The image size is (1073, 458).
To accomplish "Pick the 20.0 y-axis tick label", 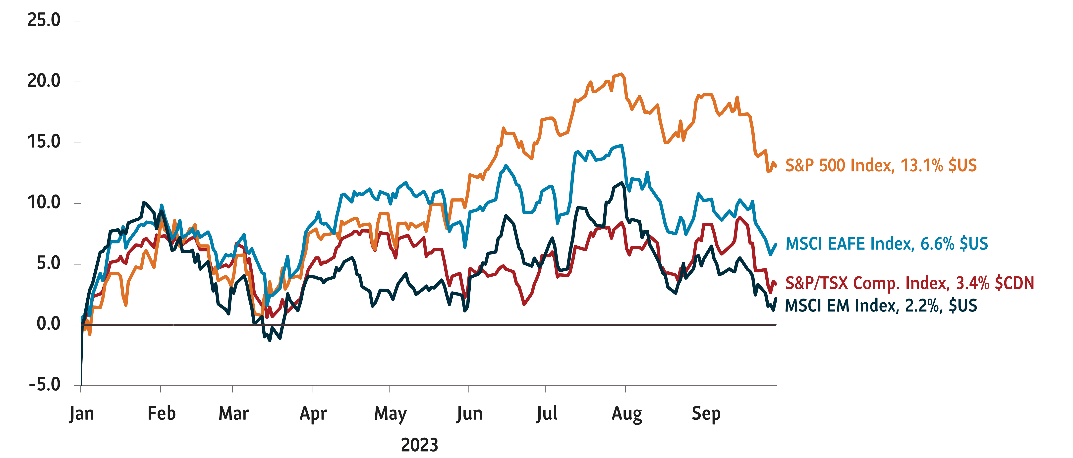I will tap(44, 81).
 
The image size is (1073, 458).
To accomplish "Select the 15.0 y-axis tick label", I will tap(44, 142).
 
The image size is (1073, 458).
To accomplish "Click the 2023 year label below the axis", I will tap(419, 445).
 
